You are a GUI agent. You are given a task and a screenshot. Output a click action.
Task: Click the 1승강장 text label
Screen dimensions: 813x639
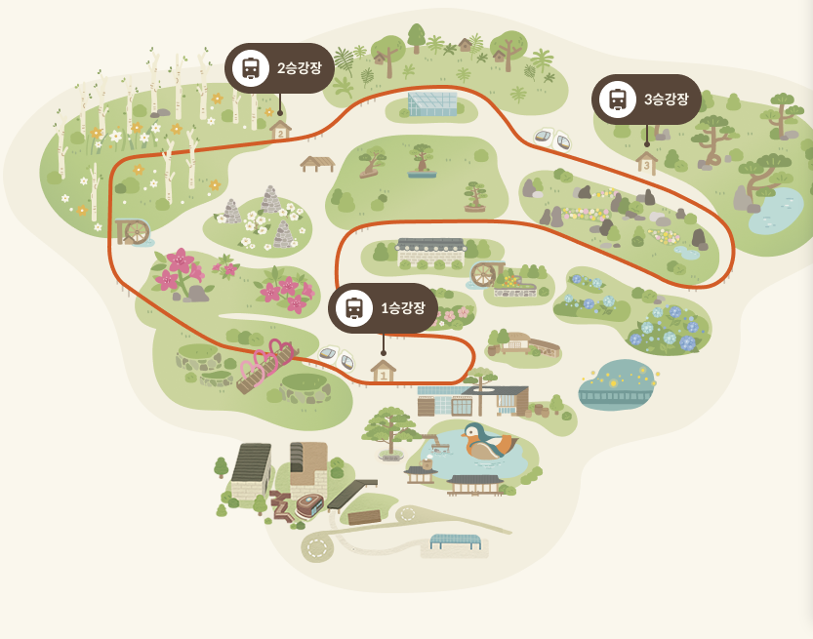click(x=403, y=308)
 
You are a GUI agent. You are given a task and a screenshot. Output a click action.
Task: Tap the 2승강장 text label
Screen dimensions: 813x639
click(x=300, y=67)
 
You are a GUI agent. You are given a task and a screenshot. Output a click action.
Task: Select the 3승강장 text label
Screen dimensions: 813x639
click(x=667, y=99)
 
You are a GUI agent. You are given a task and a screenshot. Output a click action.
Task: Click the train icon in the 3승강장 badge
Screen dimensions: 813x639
click(x=617, y=100)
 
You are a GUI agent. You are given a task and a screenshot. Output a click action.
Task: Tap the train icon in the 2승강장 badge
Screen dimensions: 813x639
click(x=251, y=68)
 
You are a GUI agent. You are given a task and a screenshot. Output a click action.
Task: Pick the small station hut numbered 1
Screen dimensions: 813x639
click(x=384, y=371)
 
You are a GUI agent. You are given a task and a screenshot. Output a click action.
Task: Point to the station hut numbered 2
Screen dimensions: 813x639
click(x=280, y=129)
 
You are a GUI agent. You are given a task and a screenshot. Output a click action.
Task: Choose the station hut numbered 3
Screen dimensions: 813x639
click(x=646, y=162)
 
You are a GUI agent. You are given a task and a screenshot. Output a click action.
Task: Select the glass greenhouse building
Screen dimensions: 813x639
click(x=431, y=103)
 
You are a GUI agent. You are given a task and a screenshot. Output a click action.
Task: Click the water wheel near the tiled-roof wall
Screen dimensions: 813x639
click(x=483, y=274)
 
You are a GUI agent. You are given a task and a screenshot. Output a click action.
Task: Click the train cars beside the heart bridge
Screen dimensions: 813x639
click(x=337, y=357)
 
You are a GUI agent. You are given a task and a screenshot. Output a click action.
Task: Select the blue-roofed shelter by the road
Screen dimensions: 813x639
click(x=455, y=539)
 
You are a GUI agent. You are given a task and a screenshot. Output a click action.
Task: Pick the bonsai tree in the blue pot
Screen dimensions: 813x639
click(x=422, y=161)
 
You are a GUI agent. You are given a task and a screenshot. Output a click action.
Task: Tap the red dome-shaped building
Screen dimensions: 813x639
click(x=308, y=505)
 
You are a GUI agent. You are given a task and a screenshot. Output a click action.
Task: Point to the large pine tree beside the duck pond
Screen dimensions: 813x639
click(x=391, y=429)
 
